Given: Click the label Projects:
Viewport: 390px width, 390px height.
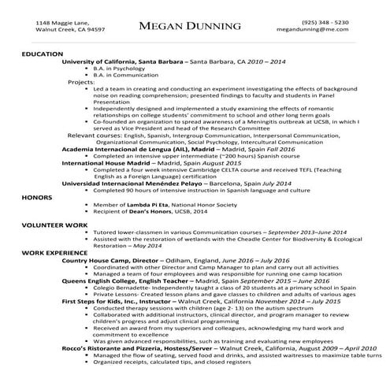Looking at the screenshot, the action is pyautogui.click(x=81, y=81).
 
